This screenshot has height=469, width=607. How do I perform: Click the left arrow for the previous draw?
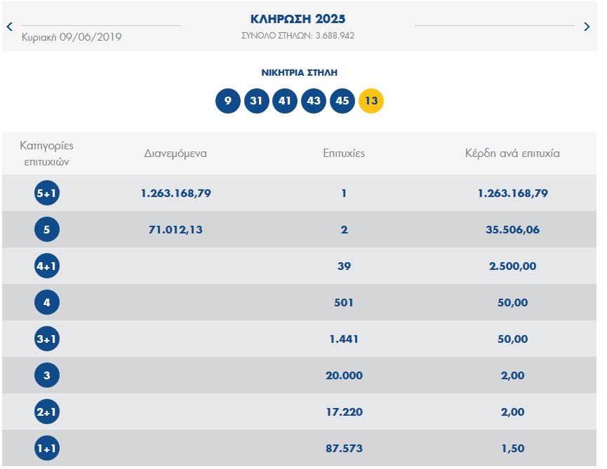(x=10, y=27)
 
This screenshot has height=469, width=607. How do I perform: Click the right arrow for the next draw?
(x=587, y=27)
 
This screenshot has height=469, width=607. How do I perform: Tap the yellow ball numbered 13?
(x=371, y=101)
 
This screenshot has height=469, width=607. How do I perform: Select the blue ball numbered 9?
(x=227, y=101)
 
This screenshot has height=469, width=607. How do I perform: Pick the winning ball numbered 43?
(x=314, y=101)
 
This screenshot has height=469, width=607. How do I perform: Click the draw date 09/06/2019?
(x=91, y=37)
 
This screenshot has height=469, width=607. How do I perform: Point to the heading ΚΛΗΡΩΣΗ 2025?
(x=298, y=19)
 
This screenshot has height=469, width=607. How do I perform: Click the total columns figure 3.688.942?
(x=335, y=36)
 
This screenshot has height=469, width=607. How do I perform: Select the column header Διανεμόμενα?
(x=175, y=154)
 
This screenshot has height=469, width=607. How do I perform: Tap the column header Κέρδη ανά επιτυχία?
(x=512, y=154)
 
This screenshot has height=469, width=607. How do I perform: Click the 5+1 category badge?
(x=47, y=193)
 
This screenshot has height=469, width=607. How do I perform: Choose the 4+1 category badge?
(x=47, y=266)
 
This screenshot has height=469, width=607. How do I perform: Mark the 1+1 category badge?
(x=47, y=448)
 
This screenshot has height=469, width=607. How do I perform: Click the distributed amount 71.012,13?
(x=175, y=230)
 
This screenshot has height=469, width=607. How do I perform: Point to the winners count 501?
(x=344, y=302)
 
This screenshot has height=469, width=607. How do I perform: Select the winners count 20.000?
(x=344, y=376)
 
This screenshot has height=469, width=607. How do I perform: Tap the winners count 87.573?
(x=344, y=449)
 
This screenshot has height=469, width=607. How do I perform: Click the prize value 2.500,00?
(x=512, y=266)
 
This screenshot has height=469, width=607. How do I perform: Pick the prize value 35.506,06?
(x=512, y=230)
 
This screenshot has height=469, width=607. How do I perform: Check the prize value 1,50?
(x=513, y=449)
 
